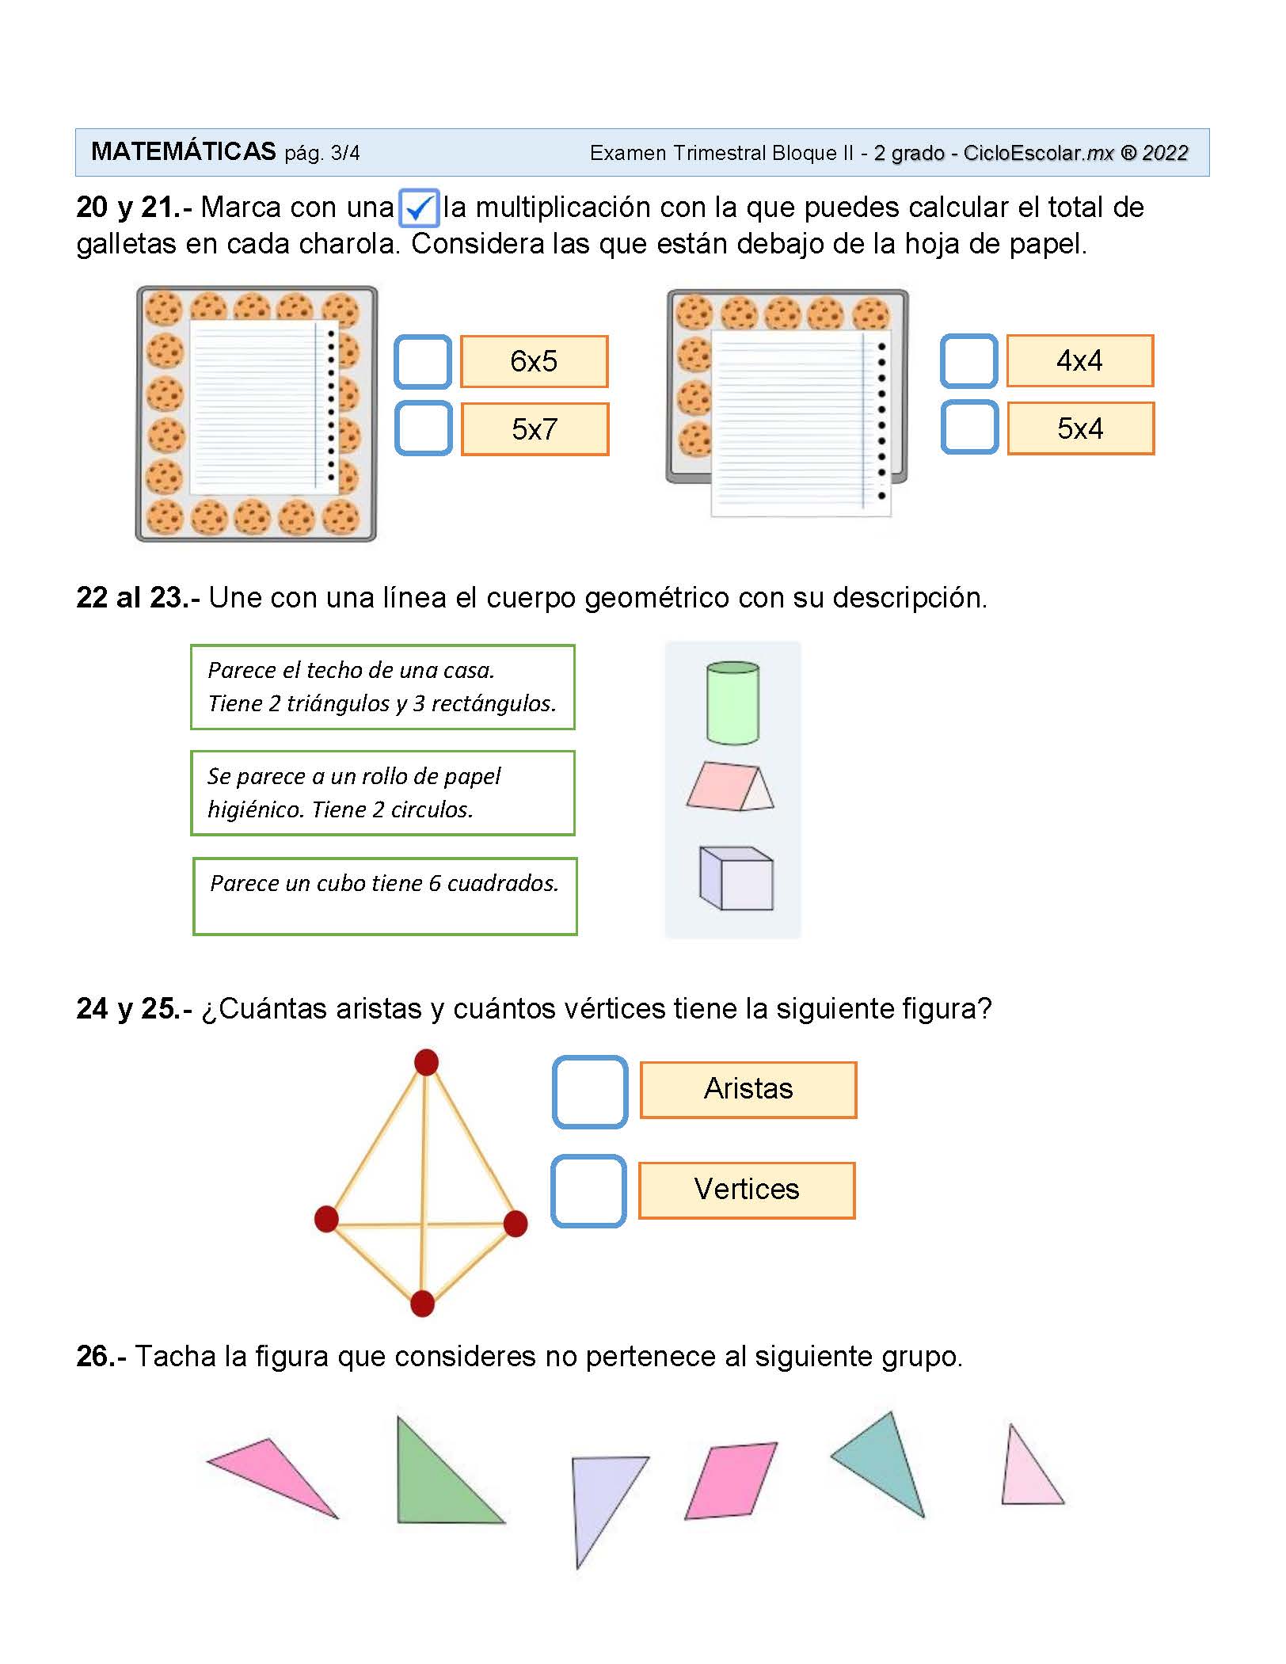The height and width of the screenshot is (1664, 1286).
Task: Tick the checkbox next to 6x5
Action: (423, 362)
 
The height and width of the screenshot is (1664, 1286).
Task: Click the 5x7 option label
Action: (535, 429)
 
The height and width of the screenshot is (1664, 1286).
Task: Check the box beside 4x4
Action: (968, 361)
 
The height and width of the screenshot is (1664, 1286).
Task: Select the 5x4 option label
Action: (1080, 428)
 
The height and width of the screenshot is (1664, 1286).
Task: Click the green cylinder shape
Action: (732, 703)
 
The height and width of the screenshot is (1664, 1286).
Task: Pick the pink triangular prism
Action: (729, 786)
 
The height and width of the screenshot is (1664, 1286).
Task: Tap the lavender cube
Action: (736, 878)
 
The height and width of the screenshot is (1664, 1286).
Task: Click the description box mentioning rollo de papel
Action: (382, 793)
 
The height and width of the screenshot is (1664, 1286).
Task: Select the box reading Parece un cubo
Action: (385, 896)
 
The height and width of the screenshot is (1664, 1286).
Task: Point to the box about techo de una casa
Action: (382, 687)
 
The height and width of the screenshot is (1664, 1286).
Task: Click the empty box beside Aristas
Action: (590, 1091)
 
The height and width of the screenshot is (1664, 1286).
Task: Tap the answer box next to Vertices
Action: (588, 1191)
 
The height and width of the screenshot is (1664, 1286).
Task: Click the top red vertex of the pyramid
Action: (426, 1062)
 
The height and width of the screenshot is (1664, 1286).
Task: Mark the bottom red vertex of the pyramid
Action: (422, 1303)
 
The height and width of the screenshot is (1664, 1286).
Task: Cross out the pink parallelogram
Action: (731, 1480)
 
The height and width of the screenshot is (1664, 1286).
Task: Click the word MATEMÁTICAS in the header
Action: (184, 151)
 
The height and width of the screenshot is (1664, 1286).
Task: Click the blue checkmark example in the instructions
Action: (419, 208)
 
